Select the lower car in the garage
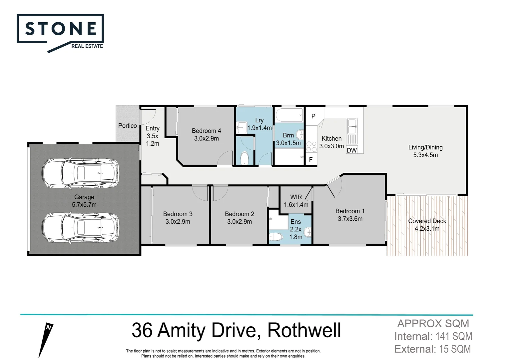tap(80, 228)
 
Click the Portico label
tap(127, 126)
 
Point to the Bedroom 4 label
tap(206, 131)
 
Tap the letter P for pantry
tap(313, 116)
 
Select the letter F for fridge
tap(311, 160)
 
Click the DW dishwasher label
tap(352, 150)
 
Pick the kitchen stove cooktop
tap(311, 147)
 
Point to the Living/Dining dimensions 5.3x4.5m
tap(425, 155)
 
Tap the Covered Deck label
tap(427, 221)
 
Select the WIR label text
tap(296, 197)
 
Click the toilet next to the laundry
tap(245, 158)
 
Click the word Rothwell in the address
tap(304, 330)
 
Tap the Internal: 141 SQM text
tap(433, 336)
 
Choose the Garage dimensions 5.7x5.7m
tap(84, 205)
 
